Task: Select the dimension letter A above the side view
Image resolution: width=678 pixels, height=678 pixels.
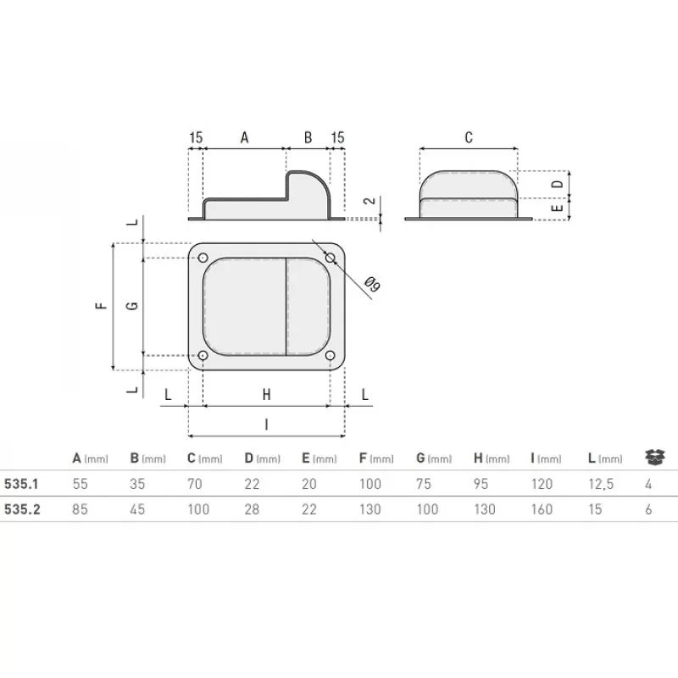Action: coord(246,137)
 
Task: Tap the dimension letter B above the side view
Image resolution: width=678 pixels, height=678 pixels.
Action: coord(308,137)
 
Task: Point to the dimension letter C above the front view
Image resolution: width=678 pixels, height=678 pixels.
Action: coord(469,137)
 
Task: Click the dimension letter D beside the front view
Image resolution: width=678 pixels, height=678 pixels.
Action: coord(558,183)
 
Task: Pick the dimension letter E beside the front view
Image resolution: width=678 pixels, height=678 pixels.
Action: coord(558,208)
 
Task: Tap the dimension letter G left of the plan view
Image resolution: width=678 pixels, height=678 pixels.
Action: coord(131,305)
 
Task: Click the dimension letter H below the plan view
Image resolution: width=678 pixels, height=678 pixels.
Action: coord(266,395)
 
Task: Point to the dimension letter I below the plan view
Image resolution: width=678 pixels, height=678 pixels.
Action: coord(266,425)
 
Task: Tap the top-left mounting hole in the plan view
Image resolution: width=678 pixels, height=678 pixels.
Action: coord(203,257)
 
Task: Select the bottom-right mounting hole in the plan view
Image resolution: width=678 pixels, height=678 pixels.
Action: coord(330,356)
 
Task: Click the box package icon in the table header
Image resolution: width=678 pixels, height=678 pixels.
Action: coord(653,458)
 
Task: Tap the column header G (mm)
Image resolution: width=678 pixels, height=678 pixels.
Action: coord(434,458)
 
